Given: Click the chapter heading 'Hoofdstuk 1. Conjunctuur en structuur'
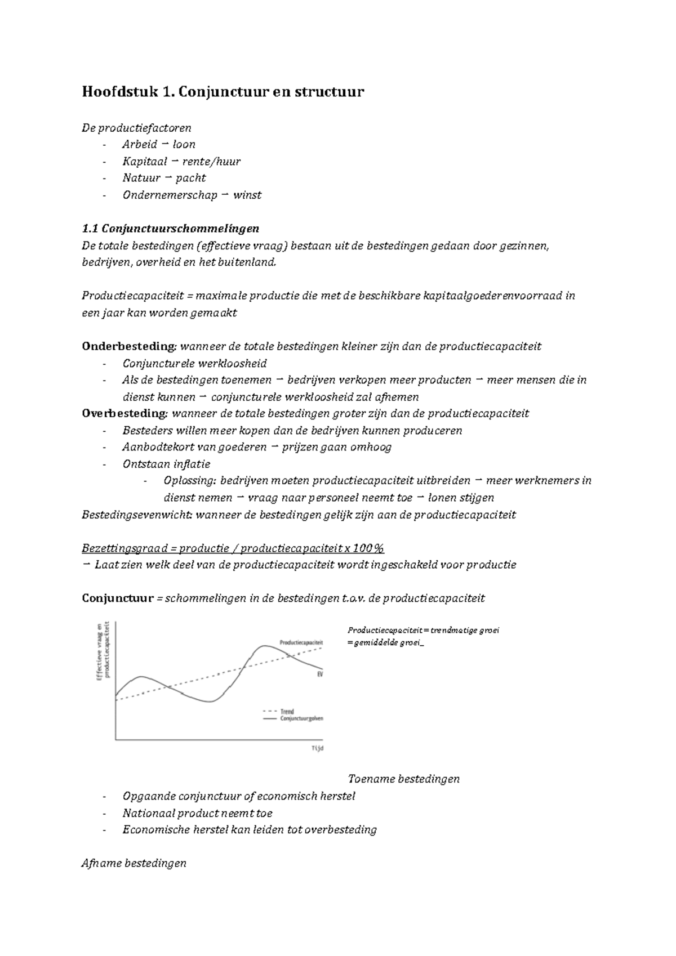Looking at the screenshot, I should point(223,91).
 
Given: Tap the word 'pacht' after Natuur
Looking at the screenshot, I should point(190,178).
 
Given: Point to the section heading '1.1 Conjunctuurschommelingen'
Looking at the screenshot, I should point(170,229).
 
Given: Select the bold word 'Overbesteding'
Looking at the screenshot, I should point(124,414).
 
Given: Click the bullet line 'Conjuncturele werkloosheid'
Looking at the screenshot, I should point(194,364).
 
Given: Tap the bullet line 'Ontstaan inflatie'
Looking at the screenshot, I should point(166,464).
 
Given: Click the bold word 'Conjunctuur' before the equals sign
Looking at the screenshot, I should point(117,598).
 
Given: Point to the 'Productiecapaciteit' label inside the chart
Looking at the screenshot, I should point(301,642).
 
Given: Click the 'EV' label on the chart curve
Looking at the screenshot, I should point(319,673).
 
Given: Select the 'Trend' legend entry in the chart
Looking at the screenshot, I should point(287,712).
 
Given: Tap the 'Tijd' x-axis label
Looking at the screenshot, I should point(317,748).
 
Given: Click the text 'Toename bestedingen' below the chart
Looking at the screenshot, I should point(403,779).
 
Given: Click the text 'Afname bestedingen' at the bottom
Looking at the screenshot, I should point(134,863).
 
